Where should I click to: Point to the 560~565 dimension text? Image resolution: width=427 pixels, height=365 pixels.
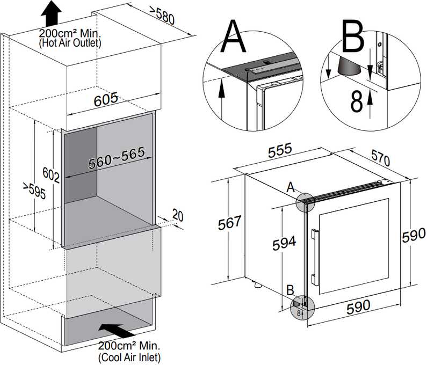point(117,156)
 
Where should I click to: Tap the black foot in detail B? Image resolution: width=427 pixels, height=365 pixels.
point(345,67)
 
